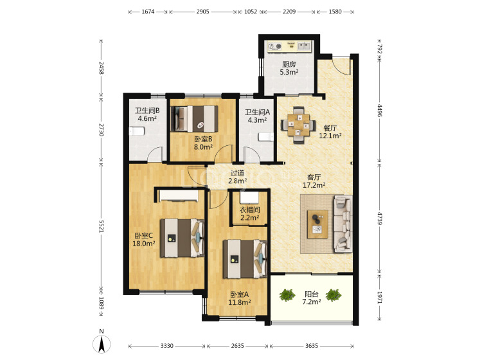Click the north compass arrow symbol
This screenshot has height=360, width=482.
(102, 344)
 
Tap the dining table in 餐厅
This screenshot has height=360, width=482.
(298, 125)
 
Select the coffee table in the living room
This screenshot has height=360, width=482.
(317, 224)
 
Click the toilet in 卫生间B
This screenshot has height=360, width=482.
(136, 131)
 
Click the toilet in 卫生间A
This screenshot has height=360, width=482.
(266, 137)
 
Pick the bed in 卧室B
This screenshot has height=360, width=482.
(195, 119)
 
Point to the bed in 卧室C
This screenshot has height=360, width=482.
(183, 238)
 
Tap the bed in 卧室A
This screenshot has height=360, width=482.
(245, 259)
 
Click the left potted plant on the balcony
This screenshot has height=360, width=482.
(287, 295)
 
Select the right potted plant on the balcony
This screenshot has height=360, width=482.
(334, 295)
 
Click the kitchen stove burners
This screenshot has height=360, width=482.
(275, 46)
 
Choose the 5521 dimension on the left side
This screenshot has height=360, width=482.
(102, 226)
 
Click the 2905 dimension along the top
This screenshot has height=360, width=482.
(203, 12)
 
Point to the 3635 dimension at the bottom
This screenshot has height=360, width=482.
(312, 346)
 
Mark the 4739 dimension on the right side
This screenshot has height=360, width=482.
(380, 219)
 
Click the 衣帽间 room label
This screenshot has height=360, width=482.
(249, 210)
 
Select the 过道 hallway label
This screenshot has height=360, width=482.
(237, 173)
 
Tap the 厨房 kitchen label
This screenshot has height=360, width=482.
(289, 64)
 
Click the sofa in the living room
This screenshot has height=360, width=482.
(343, 224)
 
